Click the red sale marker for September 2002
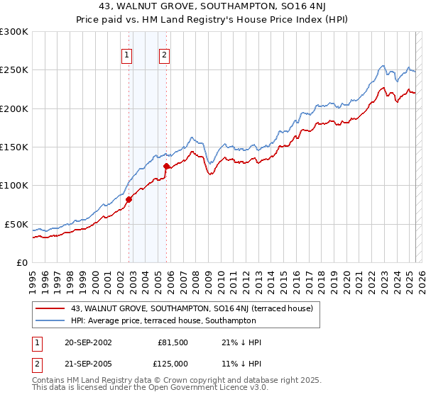[x=129, y=200]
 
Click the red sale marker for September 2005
[x=166, y=167]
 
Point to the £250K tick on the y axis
[x=14, y=70]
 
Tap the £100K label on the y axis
[x=14, y=185]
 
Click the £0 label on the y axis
[x=21, y=262]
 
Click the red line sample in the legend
[x=50, y=308]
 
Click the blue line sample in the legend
[x=50, y=320]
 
